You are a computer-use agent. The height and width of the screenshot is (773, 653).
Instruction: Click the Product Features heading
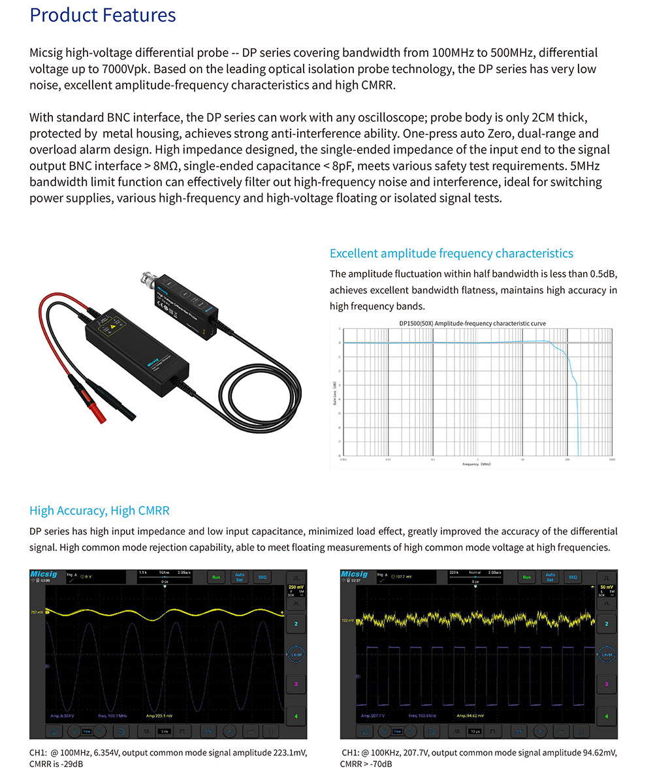(x=103, y=15)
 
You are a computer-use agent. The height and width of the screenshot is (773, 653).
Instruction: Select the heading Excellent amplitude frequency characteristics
(x=451, y=253)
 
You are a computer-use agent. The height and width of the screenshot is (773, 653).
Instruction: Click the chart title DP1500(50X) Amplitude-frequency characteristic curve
(x=472, y=323)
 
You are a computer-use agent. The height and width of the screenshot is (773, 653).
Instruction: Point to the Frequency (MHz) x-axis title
(x=476, y=464)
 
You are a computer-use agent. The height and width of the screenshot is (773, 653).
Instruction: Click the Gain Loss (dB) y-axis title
(x=334, y=392)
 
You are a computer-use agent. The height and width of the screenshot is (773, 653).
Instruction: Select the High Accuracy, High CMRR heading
(x=99, y=511)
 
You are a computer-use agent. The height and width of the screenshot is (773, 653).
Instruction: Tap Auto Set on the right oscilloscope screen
(x=550, y=577)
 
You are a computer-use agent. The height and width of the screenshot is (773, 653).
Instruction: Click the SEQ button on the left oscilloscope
(x=263, y=577)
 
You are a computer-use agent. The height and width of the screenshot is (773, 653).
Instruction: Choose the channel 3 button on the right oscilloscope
(x=607, y=684)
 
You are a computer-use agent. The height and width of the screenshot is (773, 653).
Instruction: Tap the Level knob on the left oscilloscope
(x=296, y=654)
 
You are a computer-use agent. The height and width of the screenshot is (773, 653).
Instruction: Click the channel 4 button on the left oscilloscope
(x=296, y=716)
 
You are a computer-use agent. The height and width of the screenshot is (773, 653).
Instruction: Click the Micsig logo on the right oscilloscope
(x=354, y=574)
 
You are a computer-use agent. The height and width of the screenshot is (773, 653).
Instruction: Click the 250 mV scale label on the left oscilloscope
(x=296, y=587)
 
